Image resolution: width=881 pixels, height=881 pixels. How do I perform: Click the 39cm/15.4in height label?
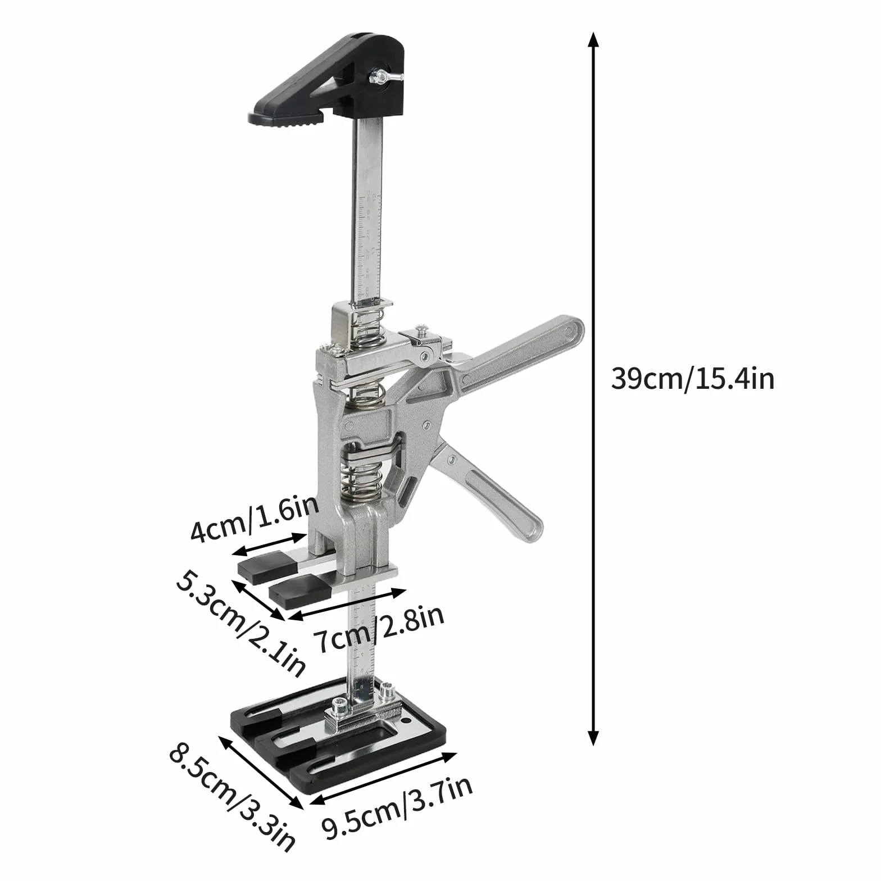[x=692, y=378]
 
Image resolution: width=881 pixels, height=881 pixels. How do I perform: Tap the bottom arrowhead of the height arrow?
[x=593, y=736]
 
